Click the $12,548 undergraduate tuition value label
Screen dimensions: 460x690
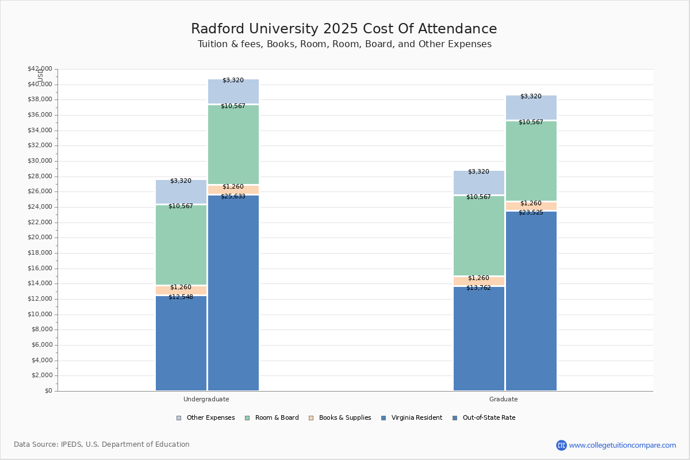(181, 297)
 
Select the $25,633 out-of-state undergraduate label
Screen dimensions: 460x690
(233, 196)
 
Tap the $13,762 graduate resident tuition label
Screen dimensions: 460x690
(478, 287)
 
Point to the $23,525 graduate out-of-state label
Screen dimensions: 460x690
(531, 212)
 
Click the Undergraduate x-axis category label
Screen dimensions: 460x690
(206, 399)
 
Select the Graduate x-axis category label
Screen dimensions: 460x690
(504, 399)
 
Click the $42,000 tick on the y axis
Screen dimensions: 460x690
(40, 69)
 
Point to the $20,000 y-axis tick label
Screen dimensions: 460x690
(40, 237)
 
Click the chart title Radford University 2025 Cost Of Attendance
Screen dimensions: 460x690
(344, 29)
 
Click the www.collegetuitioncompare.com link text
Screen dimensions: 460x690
(622, 445)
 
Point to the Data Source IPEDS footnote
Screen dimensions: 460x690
(102, 444)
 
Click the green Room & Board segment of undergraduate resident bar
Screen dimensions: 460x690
(181, 244)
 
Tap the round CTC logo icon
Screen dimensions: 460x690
(561, 445)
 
